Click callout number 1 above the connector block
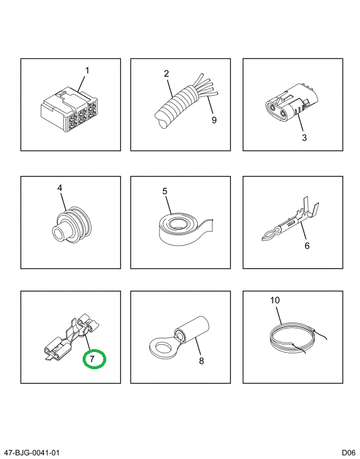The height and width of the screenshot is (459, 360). [x=87, y=70]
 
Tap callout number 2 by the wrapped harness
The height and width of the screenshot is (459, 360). [x=166, y=73]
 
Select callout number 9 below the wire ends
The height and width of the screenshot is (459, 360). [x=214, y=120]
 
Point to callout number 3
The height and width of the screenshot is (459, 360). [x=304, y=138]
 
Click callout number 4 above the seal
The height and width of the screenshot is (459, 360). [x=60, y=188]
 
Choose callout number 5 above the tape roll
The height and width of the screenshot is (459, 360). [x=165, y=191]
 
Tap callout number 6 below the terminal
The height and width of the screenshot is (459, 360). [x=307, y=246]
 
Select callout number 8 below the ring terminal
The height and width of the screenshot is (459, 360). [x=201, y=361]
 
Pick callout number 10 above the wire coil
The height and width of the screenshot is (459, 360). [x=275, y=300]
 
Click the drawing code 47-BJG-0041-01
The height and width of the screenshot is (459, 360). [x=31, y=453]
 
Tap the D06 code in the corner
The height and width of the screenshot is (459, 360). [x=349, y=453]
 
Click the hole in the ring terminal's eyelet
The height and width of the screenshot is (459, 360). [x=161, y=348]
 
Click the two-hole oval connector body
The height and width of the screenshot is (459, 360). [x=287, y=105]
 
